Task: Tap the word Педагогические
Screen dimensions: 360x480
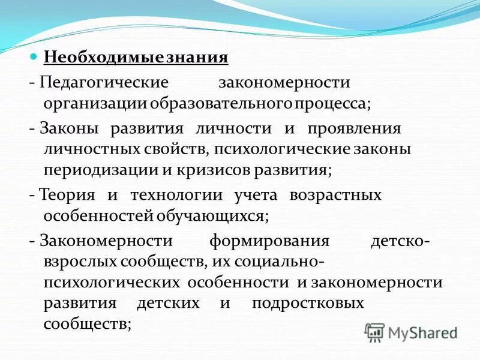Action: coord(104,80)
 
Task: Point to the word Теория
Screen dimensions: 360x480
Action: coord(67,195)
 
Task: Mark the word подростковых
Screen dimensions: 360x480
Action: coord(308,302)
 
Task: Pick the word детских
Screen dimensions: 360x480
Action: coord(168,302)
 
